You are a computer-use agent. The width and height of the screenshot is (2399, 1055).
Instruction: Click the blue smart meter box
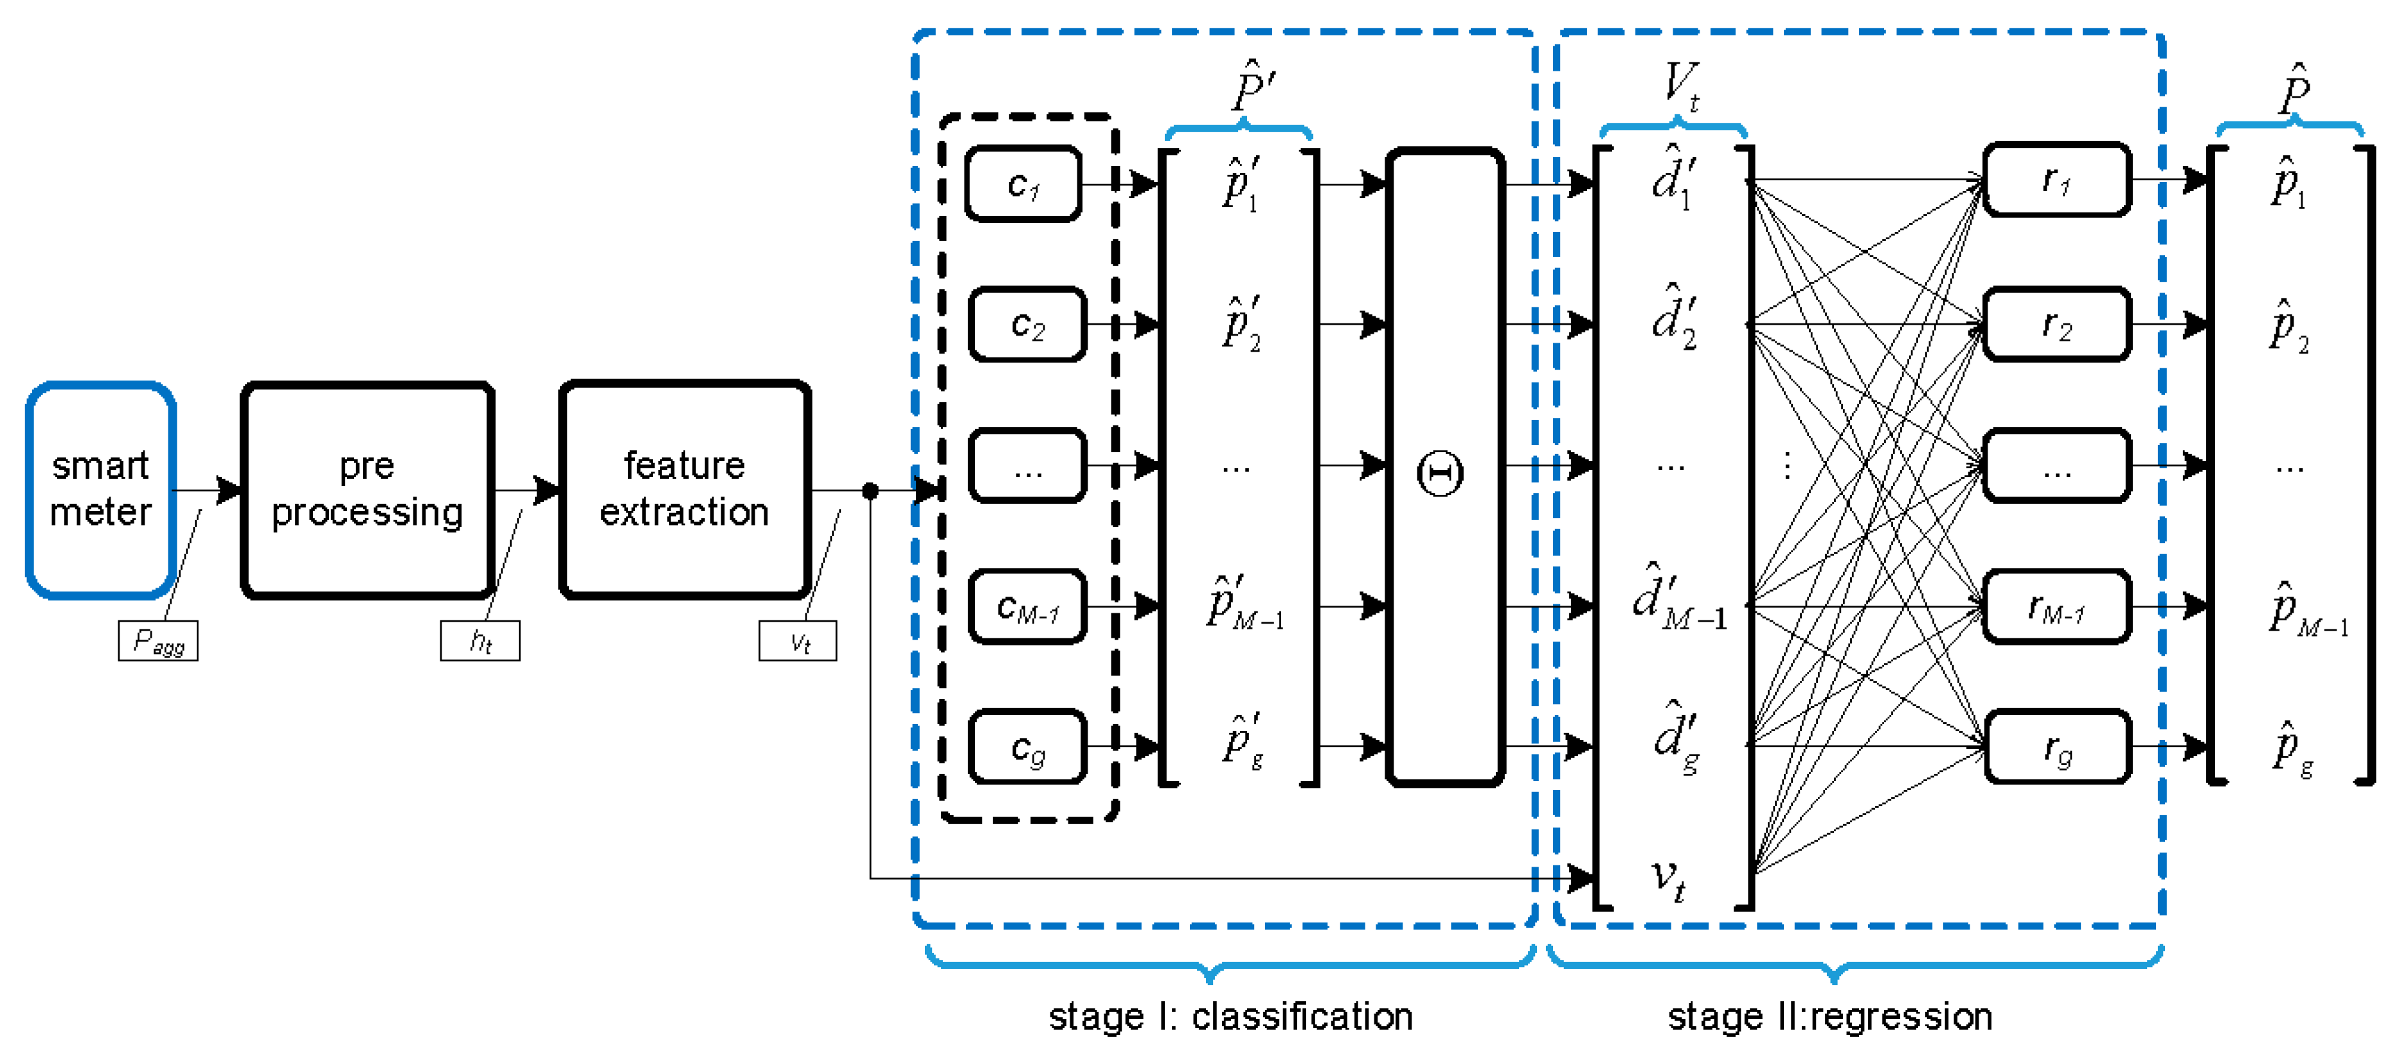[x=100, y=489]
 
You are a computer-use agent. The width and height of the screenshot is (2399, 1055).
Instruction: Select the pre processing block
[x=367, y=489]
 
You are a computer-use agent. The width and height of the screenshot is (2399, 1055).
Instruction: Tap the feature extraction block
[x=685, y=489]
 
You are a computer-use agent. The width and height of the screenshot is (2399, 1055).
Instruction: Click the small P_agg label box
[x=158, y=640]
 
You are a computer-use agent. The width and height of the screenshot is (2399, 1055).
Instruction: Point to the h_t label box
[x=480, y=640]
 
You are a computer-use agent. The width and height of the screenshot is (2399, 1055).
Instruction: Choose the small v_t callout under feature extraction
[x=798, y=640]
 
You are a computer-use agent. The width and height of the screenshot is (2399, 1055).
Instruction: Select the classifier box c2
[x=1027, y=325]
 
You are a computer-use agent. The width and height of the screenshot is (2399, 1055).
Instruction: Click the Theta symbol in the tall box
[x=1440, y=473]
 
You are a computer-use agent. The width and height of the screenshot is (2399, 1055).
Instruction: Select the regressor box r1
[x=2056, y=181]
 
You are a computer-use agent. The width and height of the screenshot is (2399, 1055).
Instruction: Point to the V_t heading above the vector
[x=1680, y=86]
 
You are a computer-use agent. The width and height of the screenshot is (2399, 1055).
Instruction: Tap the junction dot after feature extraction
[x=870, y=491]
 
